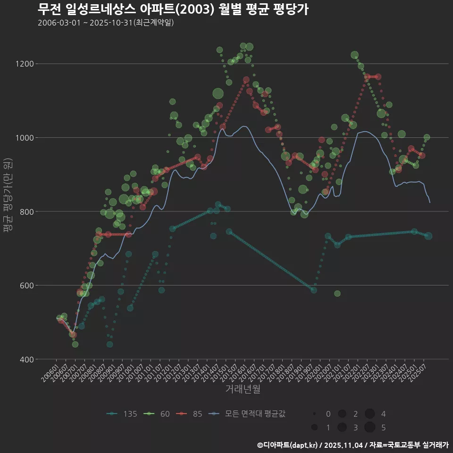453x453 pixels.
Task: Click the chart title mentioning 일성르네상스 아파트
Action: point(173,9)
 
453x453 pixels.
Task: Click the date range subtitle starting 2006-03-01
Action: point(106,23)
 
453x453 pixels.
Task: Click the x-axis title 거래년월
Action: point(243,389)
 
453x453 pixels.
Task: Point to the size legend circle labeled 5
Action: point(369,427)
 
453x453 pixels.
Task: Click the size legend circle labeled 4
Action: point(369,414)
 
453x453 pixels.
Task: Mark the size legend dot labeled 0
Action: point(314,414)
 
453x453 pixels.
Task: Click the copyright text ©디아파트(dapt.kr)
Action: point(288,445)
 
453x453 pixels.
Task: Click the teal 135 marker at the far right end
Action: point(428,236)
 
